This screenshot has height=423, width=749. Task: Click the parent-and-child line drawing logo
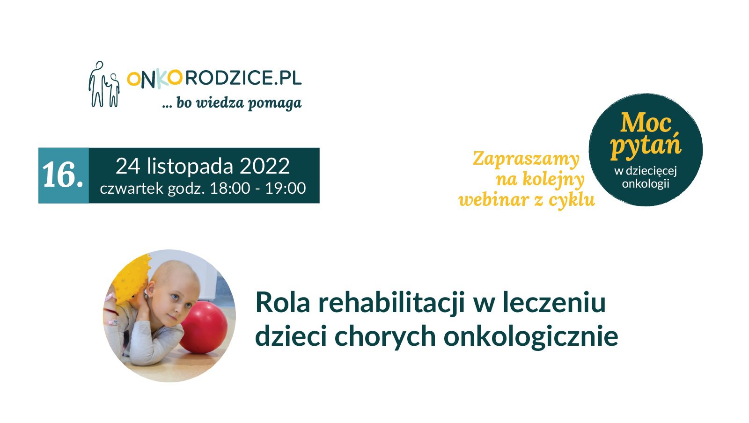point(104,84)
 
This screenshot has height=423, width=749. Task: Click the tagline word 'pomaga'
point(274,103)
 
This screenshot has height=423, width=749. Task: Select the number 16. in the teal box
point(63,175)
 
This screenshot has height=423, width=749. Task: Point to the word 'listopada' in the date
point(190,166)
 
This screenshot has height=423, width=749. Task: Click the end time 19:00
point(285,189)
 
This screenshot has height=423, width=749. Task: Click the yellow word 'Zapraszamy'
point(526,160)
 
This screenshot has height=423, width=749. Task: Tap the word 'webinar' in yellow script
point(499,200)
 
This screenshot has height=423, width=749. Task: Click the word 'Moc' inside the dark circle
point(646,123)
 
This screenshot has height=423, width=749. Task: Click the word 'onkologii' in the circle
point(646,184)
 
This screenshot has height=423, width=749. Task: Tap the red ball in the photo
point(205,328)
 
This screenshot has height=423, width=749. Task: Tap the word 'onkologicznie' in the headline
point(531,337)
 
